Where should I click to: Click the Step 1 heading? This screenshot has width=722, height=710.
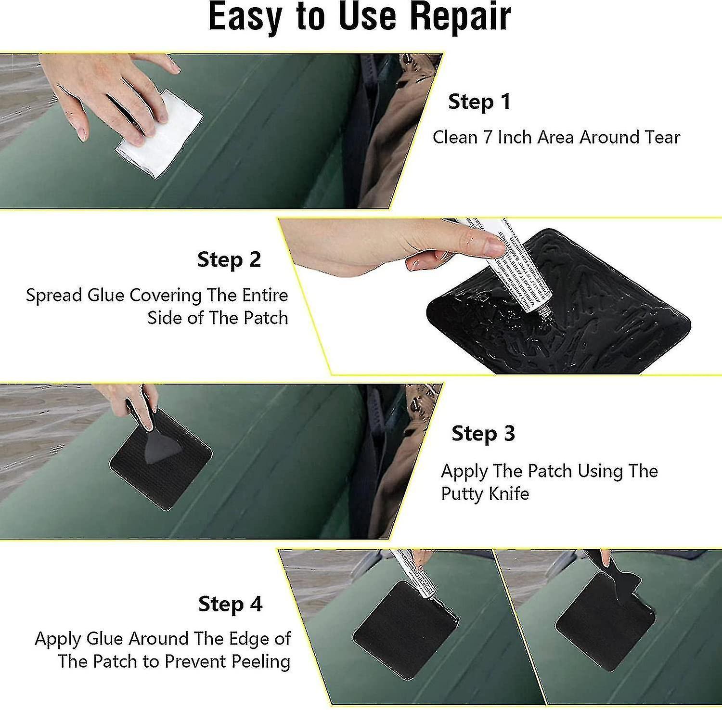click(479, 102)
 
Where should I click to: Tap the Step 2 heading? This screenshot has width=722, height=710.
click(229, 259)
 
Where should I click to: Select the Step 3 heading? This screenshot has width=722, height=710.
click(483, 433)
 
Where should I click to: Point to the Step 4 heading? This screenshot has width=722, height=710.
click(230, 604)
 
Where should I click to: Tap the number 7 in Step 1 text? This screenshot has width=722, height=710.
click(488, 138)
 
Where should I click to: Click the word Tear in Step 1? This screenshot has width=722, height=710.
click(660, 138)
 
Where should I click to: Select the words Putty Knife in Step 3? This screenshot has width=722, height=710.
click(485, 494)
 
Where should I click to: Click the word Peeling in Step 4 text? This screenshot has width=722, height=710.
click(261, 661)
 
